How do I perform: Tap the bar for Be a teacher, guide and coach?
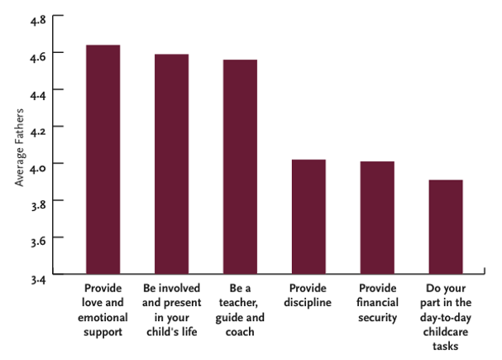pyautogui.click(x=240, y=166)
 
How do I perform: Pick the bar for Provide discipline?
pyautogui.click(x=308, y=216)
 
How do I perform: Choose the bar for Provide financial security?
pyautogui.click(x=376, y=218)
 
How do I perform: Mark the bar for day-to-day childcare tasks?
pyautogui.click(x=445, y=227)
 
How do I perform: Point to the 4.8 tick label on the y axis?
pyautogui.click(x=38, y=17)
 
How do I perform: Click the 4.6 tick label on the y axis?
pyautogui.click(x=38, y=53)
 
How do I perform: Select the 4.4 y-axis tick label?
pyautogui.click(x=38, y=90)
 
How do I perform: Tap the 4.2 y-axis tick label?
pyautogui.click(x=38, y=127)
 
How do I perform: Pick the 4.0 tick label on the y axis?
pyautogui.click(x=38, y=164)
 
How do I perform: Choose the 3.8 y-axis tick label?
pyautogui.click(x=38, y=200)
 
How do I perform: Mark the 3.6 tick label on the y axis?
pyautogui.click(x=38, y=238)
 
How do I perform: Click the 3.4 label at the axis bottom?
pyautogui.click(x=38, y=274)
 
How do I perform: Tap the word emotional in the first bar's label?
pyautogui.click(x=103, y=317)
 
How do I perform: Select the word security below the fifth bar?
pyautogui.click(x=376, y=317)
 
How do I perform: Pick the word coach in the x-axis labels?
pyautogui.click(x=240, y=332)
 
